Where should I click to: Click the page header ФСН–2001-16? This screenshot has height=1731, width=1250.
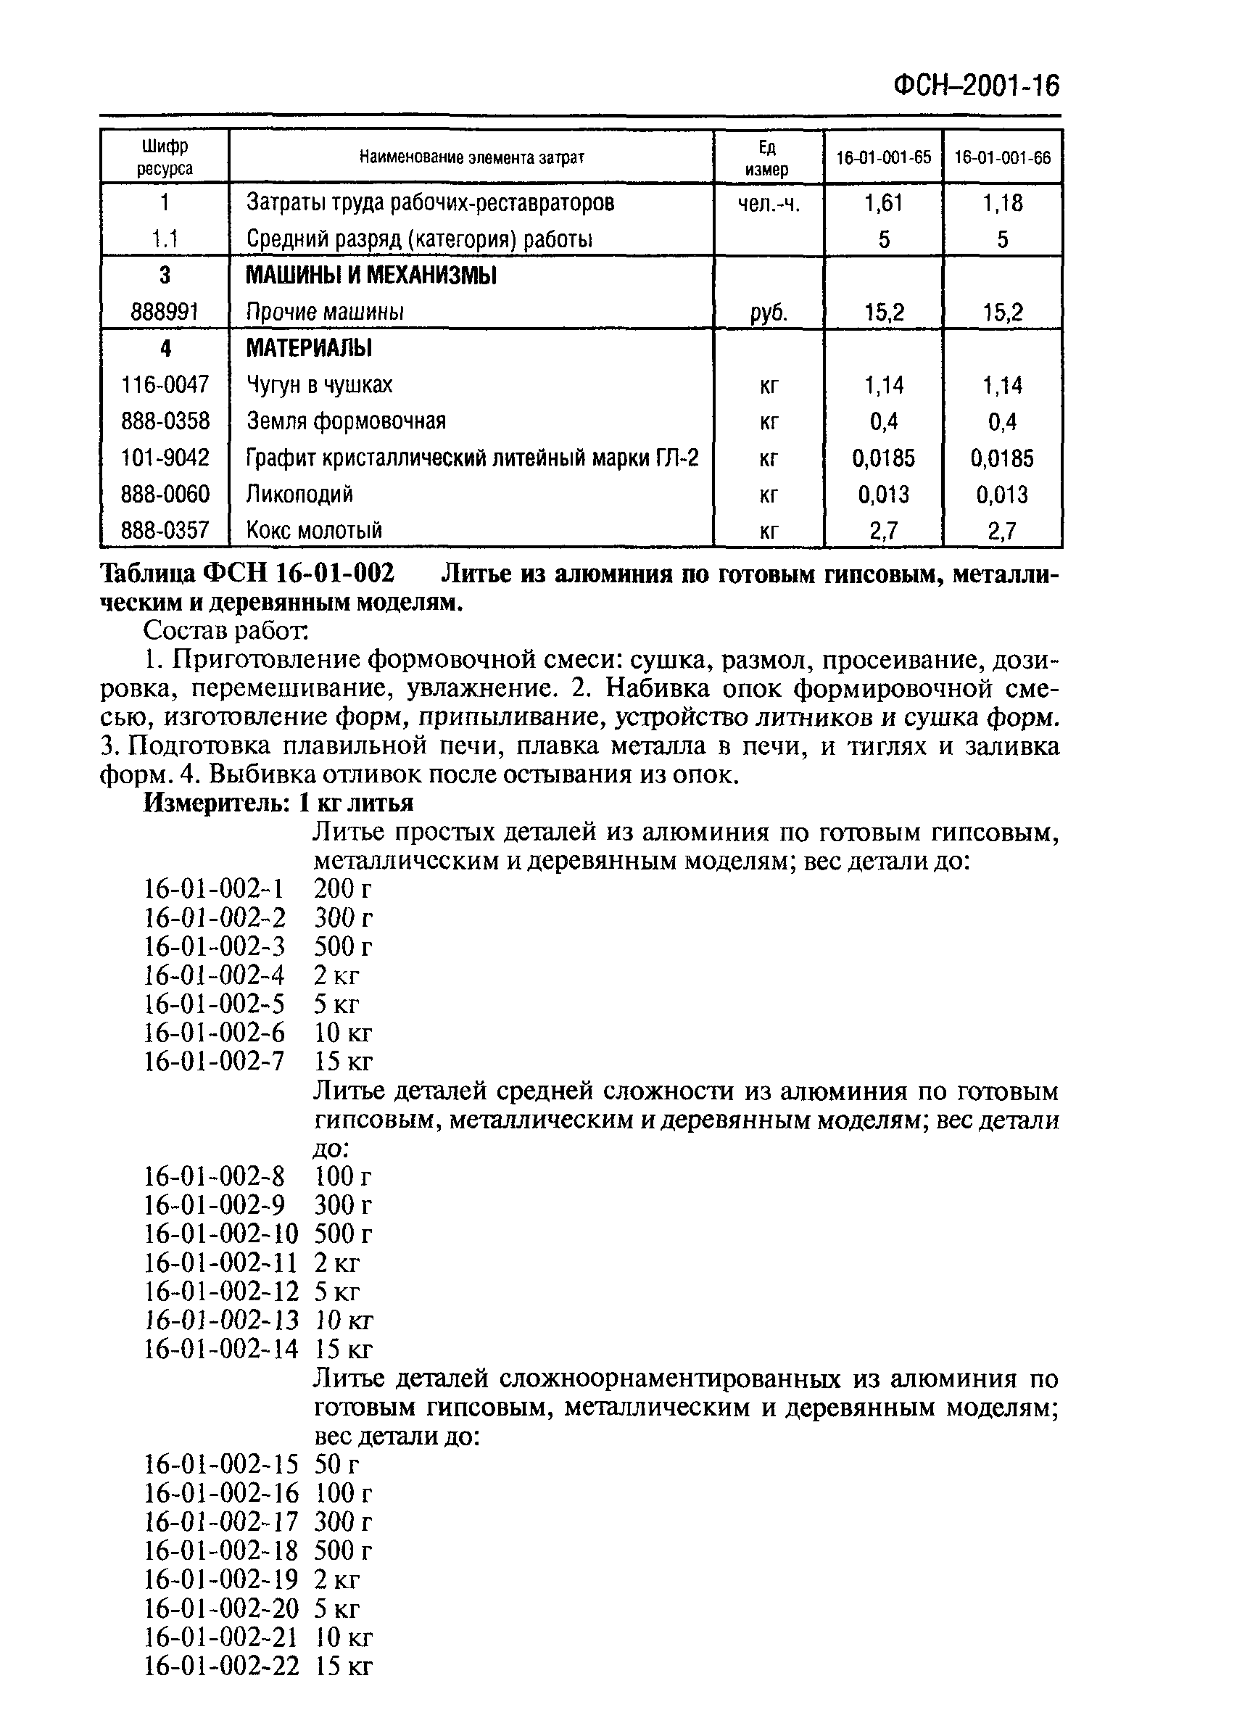coord(976,86)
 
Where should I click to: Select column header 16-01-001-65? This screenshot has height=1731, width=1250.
coord(883,158)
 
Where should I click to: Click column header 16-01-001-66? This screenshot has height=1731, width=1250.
coord(1002,158)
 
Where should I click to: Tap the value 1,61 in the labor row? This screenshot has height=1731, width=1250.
coord(883,203)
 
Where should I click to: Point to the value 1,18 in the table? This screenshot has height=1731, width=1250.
coord(1002,203)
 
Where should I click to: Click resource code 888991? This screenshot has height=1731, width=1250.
coord(165,312)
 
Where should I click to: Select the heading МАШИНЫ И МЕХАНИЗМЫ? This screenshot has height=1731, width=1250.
coord(371,276)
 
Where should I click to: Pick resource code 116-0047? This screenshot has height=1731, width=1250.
coord(165,384)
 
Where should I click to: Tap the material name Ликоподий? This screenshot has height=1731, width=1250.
coord(299,495)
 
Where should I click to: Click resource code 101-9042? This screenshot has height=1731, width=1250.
coord(165,458)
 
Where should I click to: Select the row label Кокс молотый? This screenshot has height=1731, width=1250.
coord(314,530)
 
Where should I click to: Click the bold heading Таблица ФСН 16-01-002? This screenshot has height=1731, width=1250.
coord(249,573)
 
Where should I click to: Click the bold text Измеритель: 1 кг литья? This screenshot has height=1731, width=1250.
coord(278,803)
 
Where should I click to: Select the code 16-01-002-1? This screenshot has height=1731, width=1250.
coord(214,888)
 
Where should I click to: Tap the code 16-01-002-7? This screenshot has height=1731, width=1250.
coord(214,1061)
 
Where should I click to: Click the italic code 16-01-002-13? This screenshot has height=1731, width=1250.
coord(221,1320)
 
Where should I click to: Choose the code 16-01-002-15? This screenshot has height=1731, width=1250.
coord(221,1464)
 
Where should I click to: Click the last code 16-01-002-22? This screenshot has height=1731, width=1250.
coord(221,1666)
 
